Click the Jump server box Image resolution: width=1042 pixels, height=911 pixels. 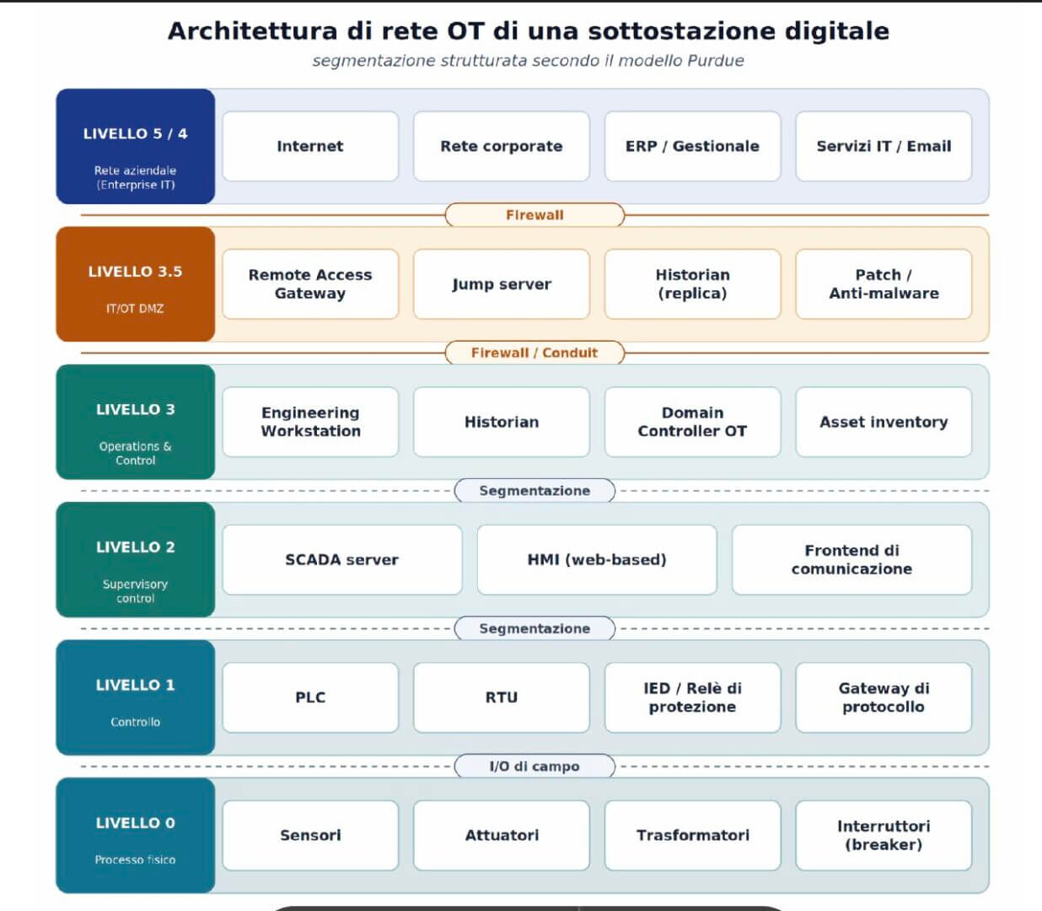(501, 283)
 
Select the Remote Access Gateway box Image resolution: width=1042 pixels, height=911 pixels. (310, 283)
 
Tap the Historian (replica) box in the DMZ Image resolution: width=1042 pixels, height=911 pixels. (693, 283)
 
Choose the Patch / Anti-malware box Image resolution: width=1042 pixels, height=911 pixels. (884, 283)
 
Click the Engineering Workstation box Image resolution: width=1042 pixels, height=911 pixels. (310, 422)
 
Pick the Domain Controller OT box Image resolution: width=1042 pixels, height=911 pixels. (693, 422)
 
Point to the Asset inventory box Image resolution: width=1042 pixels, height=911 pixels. (884, 422)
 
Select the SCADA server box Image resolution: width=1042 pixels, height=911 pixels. (342, 559)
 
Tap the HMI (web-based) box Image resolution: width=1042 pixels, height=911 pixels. (597, 559)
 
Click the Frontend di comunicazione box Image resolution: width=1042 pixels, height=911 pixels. (852, 559)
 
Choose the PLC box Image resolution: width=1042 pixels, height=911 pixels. (310, 698)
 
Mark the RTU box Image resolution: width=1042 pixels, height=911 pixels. (501, 698)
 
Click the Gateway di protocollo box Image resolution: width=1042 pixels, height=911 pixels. (884, 698)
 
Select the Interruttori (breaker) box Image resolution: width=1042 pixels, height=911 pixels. (884, 835)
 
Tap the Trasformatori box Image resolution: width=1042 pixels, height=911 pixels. (693, 835)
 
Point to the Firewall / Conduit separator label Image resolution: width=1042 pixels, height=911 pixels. (534, 353)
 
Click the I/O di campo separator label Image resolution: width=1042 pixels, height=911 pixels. (534, 766)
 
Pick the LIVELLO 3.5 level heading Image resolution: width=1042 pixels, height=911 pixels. (135, 272)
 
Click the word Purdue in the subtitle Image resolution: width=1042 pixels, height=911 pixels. (716, 61)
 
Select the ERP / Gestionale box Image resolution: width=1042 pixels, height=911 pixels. (693, 146)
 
